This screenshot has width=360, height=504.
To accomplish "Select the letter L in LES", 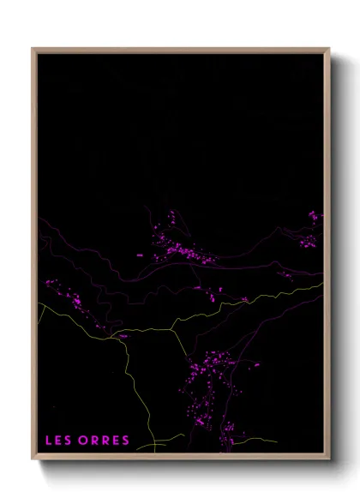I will click(x=50, y=441).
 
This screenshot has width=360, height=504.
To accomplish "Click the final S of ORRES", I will click(x=126, y=441).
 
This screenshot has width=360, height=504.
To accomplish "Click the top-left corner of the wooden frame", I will click(x=33, y=49).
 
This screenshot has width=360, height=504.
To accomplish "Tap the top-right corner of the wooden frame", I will click(x=329, y=49).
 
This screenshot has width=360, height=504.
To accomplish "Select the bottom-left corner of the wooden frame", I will click(x=33, y=461).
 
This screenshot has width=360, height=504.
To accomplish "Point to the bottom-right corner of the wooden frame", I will click(x=329, y=461).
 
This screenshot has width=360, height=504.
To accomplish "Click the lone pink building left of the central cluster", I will click(x=139, y=255).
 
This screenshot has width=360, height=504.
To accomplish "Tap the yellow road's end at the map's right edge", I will click(x=324, y=283).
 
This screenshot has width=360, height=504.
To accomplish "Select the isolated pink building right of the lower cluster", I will click(x=256, y=364).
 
